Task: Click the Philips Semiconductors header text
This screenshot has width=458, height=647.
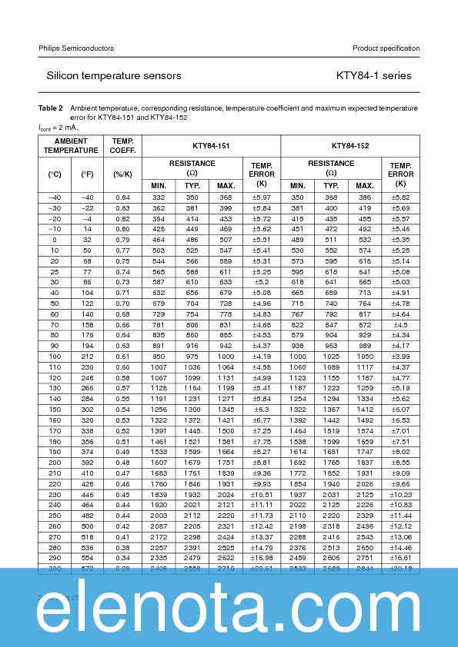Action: point(76,48)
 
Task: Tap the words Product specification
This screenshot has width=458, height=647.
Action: point(386,48)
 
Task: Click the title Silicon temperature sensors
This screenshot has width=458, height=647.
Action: point(114,76)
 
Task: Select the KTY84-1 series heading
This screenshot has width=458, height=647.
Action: point(373,76)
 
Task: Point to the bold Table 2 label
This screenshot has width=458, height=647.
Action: point(51,109)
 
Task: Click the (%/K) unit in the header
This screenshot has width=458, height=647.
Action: point(122,174)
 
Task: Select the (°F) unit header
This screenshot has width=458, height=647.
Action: point(87,174)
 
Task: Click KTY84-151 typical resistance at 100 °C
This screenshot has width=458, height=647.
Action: point(192,357)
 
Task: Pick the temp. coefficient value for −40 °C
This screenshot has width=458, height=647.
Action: point(122,197)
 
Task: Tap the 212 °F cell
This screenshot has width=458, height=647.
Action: point(87,357)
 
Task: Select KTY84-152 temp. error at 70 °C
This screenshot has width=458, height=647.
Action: point(400,325)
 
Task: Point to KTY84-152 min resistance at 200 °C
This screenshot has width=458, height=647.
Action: point(297,463)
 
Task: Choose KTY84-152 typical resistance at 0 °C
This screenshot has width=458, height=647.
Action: point(331,240)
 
